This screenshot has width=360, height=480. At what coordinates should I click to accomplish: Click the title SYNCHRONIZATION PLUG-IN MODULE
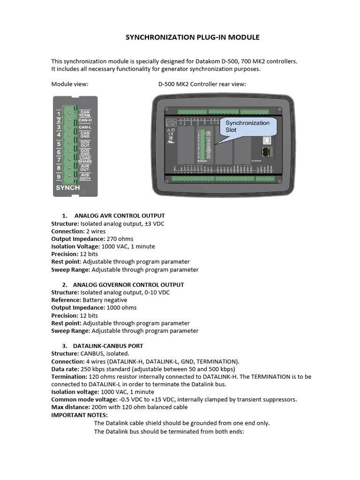[x=192, y=37]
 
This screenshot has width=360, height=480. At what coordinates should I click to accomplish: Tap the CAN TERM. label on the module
[x=85, y=113]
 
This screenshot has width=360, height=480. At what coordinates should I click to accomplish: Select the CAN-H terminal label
[x=85, y=120]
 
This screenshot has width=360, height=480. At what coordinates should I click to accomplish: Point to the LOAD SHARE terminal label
[x=85, y=160]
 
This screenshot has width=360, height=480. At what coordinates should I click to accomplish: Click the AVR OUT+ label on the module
[x=85, y=176]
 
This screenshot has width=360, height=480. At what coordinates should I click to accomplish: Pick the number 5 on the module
[x=59, y=144]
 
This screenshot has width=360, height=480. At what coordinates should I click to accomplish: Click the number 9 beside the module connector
[x=59, y=177]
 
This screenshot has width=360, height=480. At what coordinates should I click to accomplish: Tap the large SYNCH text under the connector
[x=68, y=187]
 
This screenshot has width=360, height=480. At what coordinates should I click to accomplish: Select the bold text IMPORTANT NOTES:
[x=79, y=415]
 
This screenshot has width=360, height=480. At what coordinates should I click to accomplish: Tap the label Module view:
[x=70, y=84]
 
